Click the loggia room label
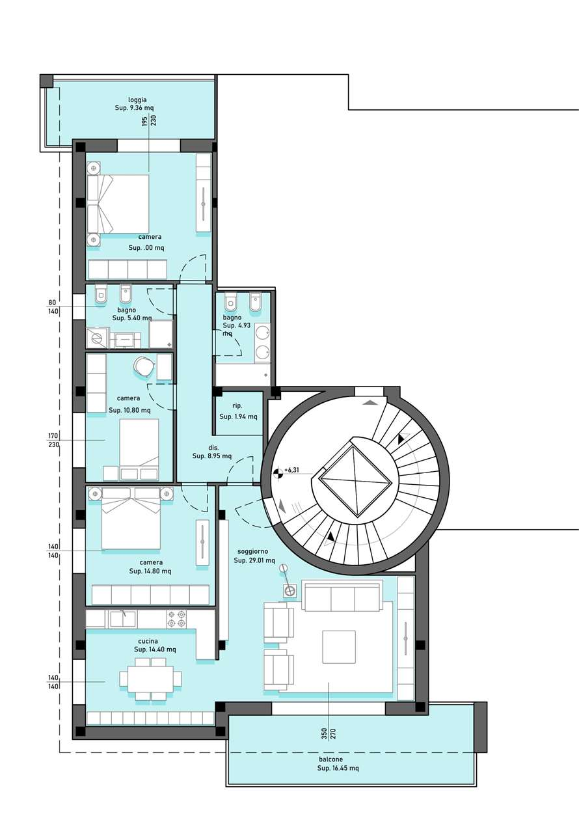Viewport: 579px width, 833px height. (137, 100)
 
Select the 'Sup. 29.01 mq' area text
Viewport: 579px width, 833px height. (254, 560)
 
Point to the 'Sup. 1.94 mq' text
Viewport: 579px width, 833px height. (238, 416)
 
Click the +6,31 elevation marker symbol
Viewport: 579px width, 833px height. (277, 473)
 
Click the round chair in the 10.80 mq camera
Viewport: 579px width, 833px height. (144, 366)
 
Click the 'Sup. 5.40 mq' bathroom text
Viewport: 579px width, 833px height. (132, 318)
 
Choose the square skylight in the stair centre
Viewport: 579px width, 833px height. (356, 480)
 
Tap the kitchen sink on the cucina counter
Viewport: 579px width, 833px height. (124, 619)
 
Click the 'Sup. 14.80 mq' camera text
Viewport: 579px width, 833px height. (150, 571)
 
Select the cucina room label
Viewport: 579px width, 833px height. (148, 641)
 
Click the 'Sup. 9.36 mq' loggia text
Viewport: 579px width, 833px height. (134, 108)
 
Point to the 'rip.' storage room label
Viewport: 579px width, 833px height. (237, 406)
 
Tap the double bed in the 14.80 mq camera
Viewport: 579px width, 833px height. (131, 519)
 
